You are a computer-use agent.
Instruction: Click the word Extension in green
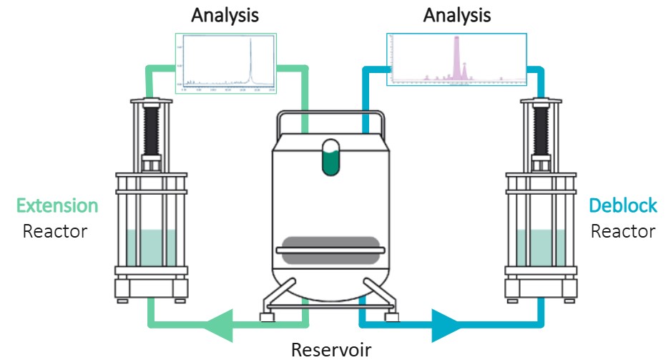[57, 207]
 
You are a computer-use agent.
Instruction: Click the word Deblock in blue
[622, 207]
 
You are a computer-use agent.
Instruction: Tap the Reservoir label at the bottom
[332, 349]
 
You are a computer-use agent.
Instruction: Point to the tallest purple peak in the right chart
[456, 57]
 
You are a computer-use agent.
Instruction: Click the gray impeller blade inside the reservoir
[330, 249]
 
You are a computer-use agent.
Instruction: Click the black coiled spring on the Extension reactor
[151, 129]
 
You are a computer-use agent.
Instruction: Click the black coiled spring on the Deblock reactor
[541, 129]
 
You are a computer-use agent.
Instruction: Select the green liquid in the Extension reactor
[151, 247]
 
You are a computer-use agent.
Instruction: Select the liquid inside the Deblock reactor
[541, 247]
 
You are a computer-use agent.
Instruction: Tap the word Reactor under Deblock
[622, 232]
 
